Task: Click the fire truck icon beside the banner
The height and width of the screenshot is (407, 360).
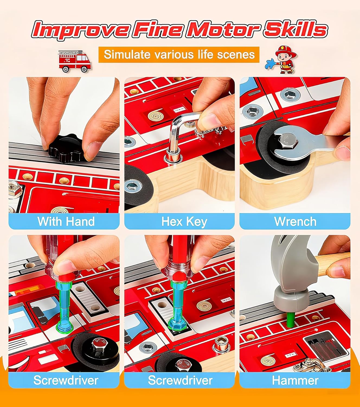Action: tap(75, 61)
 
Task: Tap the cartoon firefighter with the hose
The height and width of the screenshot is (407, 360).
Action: tap(282, 60)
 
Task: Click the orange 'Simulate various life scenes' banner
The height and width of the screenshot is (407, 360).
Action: tap(179, 55)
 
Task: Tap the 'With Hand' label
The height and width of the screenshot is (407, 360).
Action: tap(66, 221)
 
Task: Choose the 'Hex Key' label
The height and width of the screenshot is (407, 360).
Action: tap(184, 222)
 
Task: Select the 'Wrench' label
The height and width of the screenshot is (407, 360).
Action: tap(295, 222)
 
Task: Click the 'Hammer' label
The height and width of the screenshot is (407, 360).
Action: tap(295, 380)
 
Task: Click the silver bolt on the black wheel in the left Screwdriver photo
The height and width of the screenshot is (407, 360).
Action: tap(98, 345)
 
